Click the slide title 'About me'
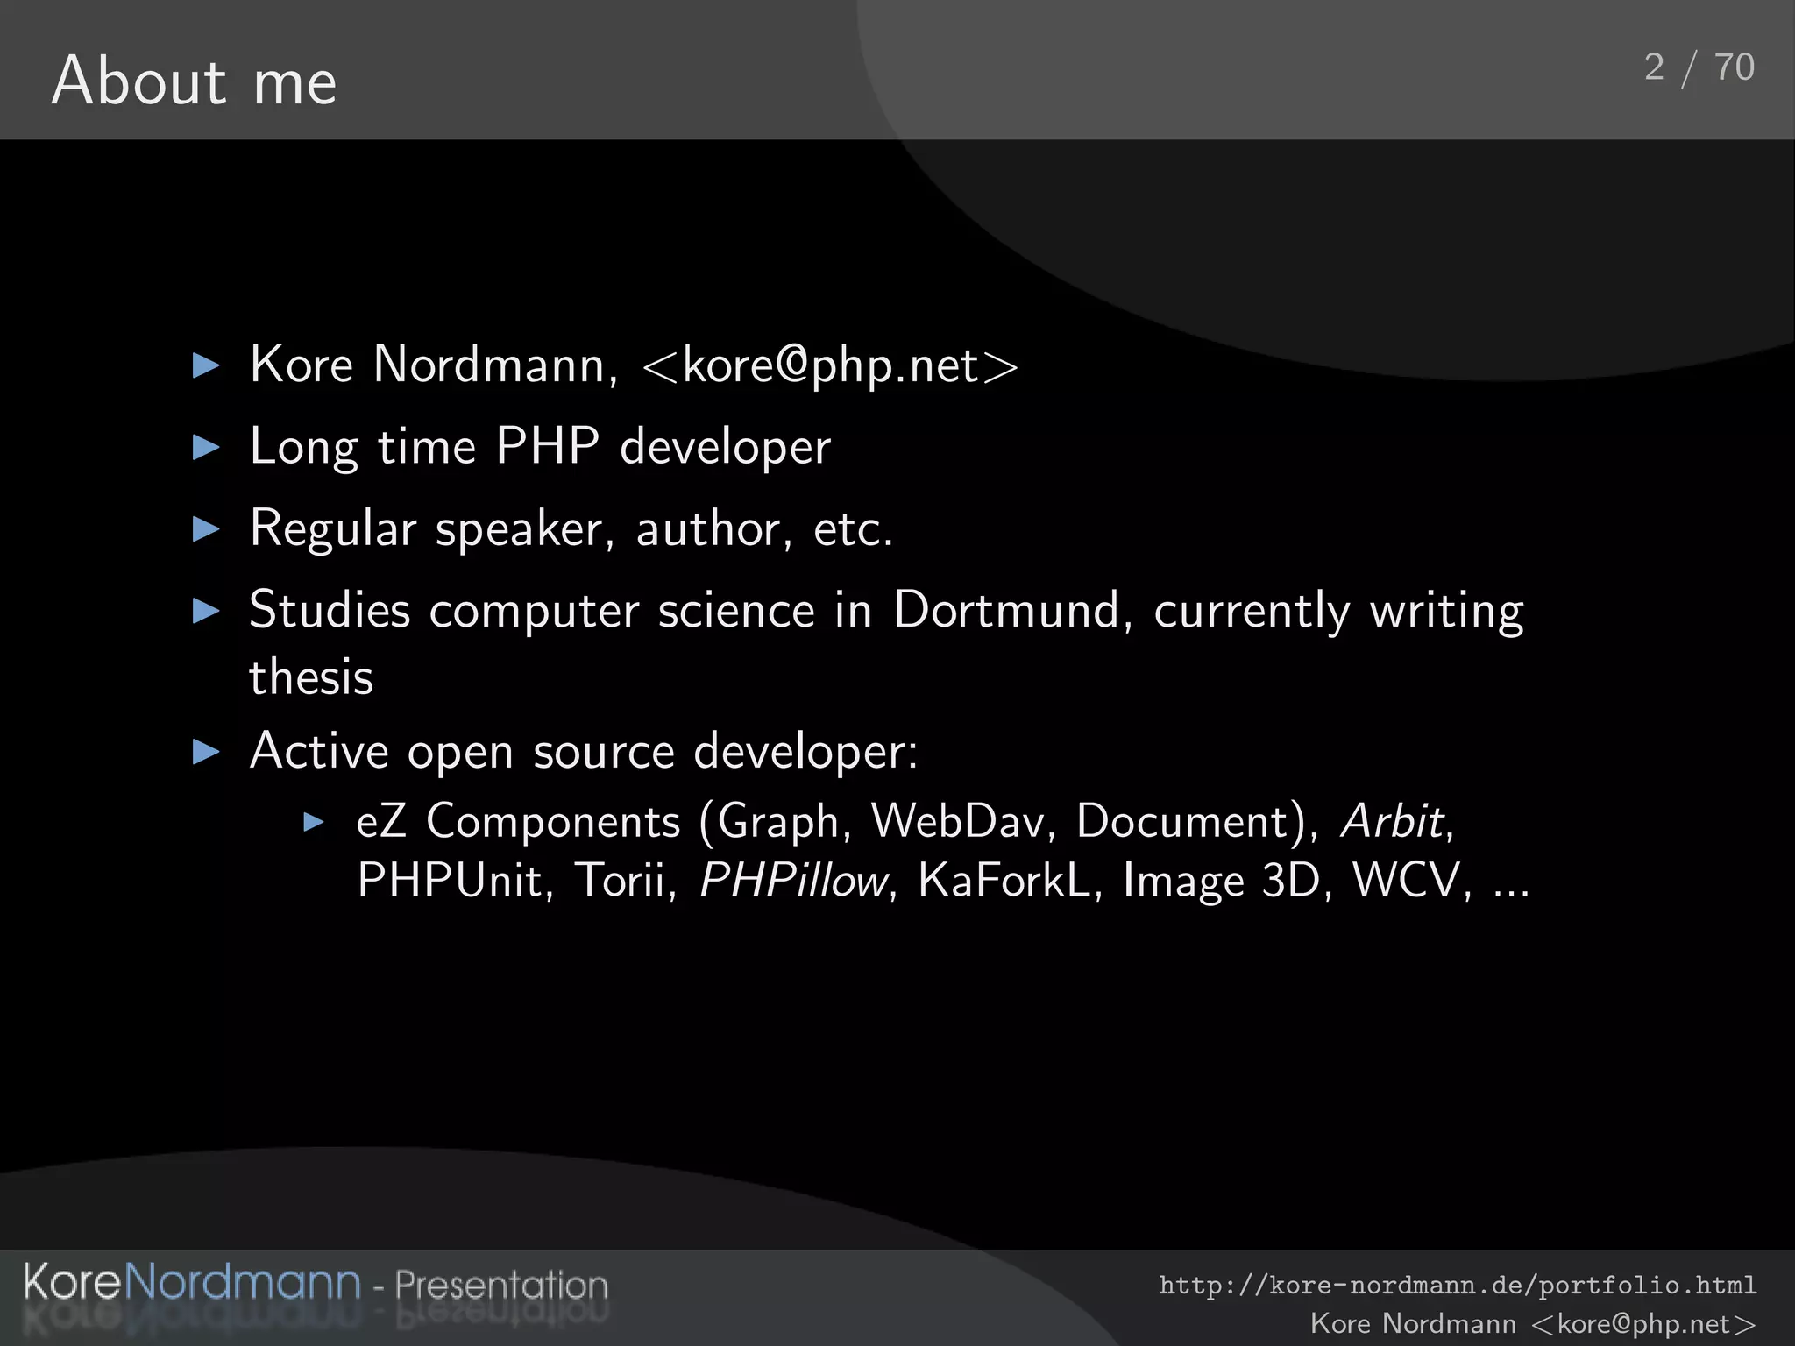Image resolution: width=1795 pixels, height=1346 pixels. tap(194, 81)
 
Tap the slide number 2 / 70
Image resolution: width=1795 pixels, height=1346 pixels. tap(1699, 67)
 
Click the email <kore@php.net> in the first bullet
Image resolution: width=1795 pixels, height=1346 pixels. tap(830, 365)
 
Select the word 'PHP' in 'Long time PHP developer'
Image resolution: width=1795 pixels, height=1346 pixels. tap(547, 446)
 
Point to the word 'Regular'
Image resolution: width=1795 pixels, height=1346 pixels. tap(332, 528)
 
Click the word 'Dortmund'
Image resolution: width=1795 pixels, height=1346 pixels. tap(1006, 610)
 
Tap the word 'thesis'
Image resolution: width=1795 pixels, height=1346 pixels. tap(311, 677)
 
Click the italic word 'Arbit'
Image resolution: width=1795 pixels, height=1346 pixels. tap(1393, 822)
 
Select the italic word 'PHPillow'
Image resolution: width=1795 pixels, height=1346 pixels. tap(794, 880)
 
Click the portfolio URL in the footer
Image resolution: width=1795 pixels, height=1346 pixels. tap(1458, 1286)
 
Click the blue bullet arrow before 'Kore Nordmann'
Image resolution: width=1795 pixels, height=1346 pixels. tap(205, 365)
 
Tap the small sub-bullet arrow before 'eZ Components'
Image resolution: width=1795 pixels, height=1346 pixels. tap(314, 822)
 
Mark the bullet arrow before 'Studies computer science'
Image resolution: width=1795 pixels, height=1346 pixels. tap(205, 611)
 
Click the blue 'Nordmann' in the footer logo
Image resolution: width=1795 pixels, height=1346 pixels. tap(242, 1282)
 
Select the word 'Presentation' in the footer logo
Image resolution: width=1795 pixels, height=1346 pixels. tap(500, 1286)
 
